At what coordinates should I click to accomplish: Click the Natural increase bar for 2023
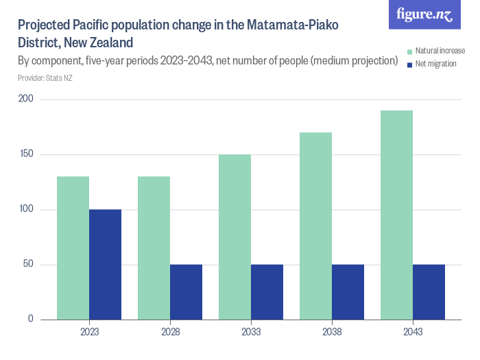coord(73,248)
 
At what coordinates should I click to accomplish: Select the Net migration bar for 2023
coord(105,264)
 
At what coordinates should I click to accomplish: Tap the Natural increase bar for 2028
coord(154,248)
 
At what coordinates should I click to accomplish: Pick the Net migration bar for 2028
coord(186,291)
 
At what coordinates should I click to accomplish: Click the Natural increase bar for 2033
coord(235,237)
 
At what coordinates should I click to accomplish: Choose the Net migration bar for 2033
coord(267,291)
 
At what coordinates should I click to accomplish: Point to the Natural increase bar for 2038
coord(315,226)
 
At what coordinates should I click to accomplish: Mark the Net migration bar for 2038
coord(348,291)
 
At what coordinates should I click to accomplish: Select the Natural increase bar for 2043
coord(396,215)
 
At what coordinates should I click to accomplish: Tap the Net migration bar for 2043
coord(429,291)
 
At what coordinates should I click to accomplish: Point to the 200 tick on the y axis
coord(26,100)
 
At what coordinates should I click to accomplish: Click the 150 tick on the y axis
coord(26,155)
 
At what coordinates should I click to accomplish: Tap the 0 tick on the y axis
coord(31,320)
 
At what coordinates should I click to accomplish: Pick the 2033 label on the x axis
coord(251,332)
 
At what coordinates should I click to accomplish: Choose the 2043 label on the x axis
coord(413,332)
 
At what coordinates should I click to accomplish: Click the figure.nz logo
coord(425,14)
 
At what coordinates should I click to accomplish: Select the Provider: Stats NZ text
coord(45,78)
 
